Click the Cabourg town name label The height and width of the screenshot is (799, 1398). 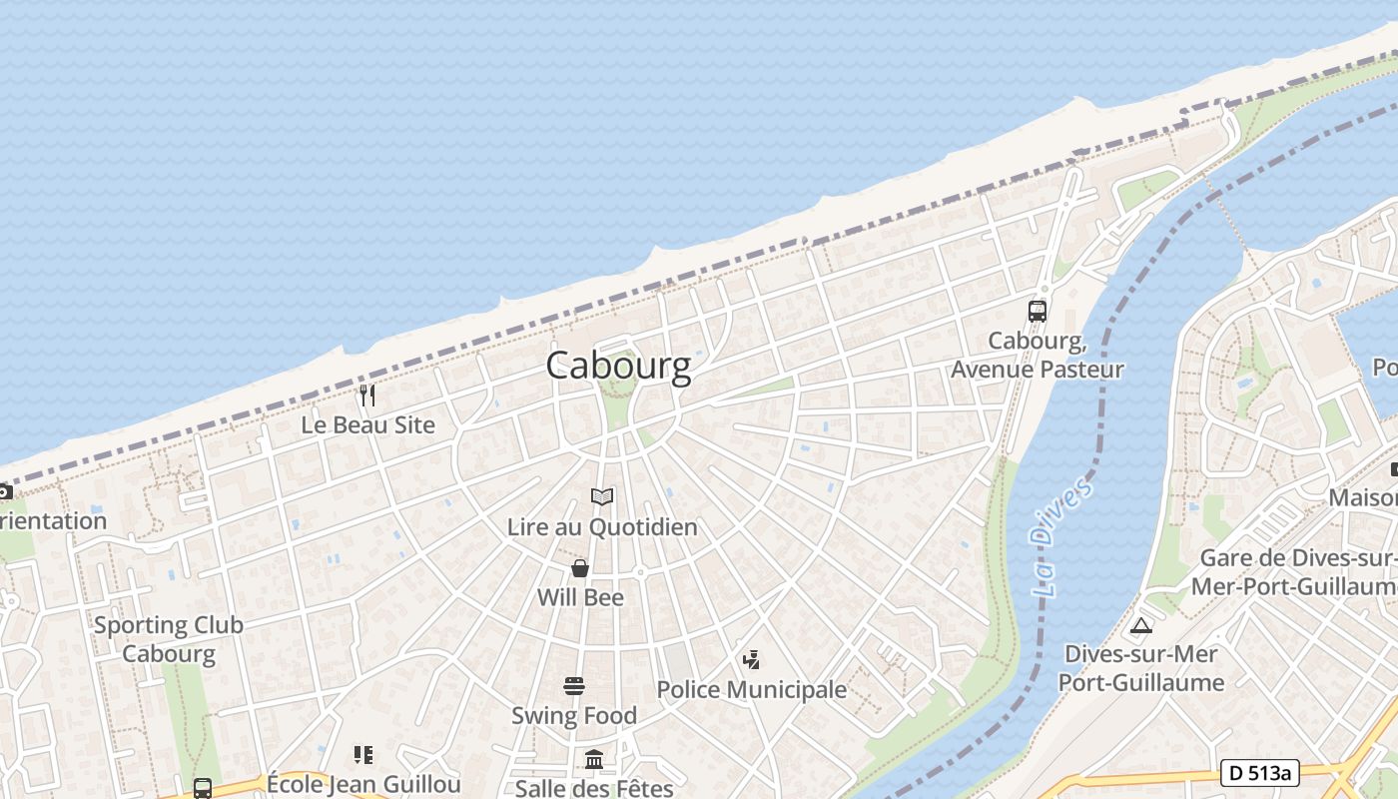[x=618, y=367]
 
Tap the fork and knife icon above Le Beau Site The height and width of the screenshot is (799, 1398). [x=367, y=396]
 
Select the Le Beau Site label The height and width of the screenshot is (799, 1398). [x=368, y=424]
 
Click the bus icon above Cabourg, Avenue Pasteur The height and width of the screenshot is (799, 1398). [x=1038, y=311]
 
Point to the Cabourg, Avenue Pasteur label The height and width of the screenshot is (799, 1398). [x=1038, y=355]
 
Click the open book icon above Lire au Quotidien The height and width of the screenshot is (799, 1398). [x=602, y=496]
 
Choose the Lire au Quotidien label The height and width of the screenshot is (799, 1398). [x=602, y=526]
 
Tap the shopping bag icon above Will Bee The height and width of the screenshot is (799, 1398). [x=580, y=568]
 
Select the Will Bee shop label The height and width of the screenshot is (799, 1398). [x=580, y=597]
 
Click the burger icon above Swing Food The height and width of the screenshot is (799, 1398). [x=574, y=686]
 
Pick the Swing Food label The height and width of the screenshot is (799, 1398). [x=574, y=715]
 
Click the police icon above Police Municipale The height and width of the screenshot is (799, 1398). [x=751, y=659]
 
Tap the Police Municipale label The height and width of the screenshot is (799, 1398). [x=751, y=689]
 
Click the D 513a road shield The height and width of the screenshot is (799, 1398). [x=1259, y=772]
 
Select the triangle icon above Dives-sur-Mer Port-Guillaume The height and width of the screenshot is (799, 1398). [x=1141, y=626]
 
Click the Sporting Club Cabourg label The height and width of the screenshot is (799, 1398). [x=169, y=639]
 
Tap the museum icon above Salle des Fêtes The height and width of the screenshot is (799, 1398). [x=594, y=760]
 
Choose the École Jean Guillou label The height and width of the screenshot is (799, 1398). [x=363, y=784]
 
